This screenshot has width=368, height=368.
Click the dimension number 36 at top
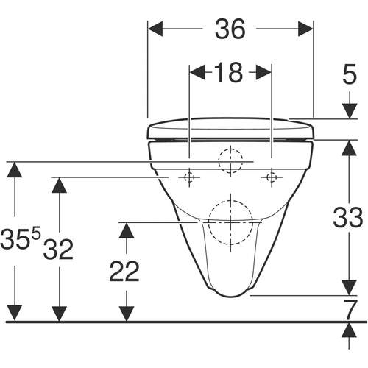tap(230, 29)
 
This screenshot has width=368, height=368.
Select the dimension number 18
tap(229, 72)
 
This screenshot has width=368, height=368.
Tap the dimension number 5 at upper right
tap(350, 74)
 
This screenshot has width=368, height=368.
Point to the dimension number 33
tap(348, 217)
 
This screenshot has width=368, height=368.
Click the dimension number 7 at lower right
tap(350, 309)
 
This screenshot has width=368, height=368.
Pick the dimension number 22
tap(124, 272)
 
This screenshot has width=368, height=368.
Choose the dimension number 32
tap(58, 250)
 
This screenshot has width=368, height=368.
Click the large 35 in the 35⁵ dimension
tap(15, 238)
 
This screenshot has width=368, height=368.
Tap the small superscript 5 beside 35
tap(36, 234)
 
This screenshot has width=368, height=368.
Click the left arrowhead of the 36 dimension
tap(155, 29)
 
